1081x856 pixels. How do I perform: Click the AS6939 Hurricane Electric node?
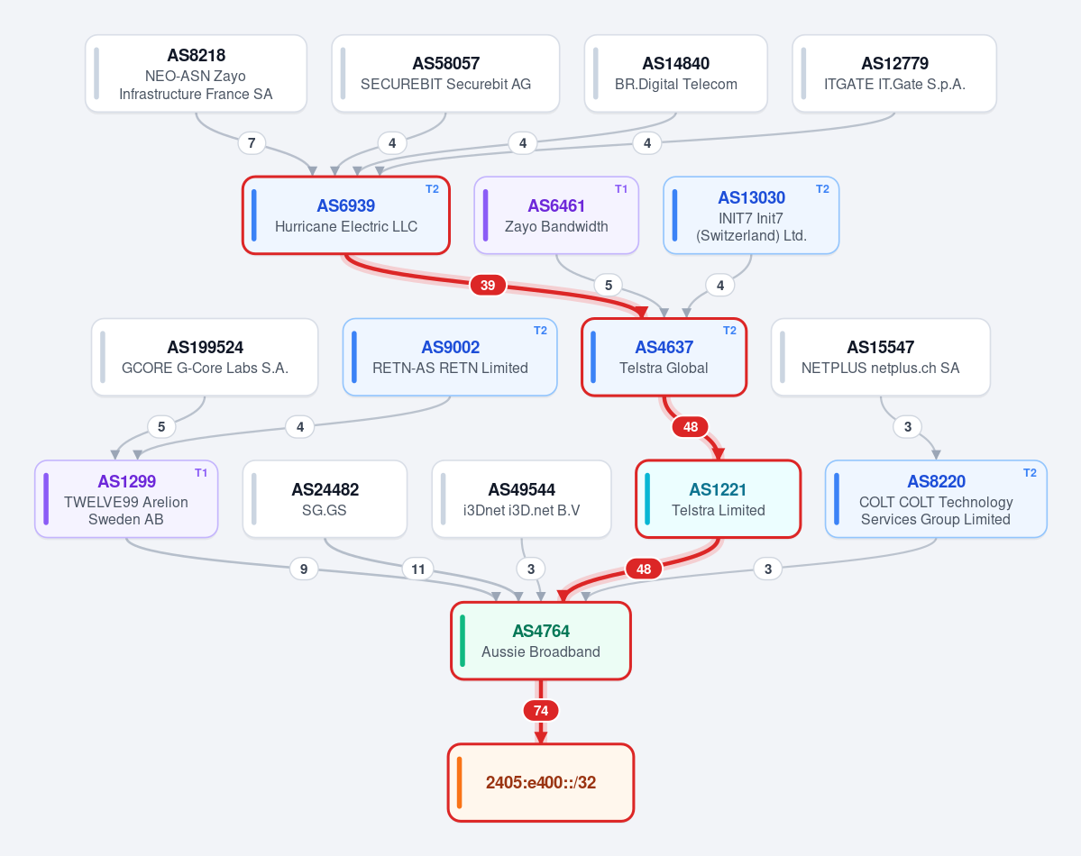coord(346,215)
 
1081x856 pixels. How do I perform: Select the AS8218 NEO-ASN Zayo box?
coord(196,74)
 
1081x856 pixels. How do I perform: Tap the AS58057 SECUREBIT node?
coord(445,74)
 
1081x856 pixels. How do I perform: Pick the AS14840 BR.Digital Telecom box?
coord(675,74)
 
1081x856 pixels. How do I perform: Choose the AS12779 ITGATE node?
coord(894,74)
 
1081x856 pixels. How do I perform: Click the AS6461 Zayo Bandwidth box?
coord(556,215)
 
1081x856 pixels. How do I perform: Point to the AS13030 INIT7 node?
coord(751,215)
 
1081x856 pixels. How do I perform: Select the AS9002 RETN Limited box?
coord(450,357)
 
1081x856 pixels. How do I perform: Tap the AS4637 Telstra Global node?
coord(664,357)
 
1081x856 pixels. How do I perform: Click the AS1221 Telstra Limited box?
coord(718,499)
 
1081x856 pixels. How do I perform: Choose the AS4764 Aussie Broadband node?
coord(541,641)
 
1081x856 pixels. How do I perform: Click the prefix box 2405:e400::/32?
coord(541,783)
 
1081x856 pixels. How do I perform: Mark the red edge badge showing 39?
coord(488,286)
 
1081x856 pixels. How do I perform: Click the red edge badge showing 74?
coord(541,711)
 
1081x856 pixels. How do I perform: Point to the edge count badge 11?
coord(417,569)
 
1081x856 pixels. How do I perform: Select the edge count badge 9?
coord(304,569)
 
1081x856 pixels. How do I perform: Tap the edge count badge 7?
coord(252,143)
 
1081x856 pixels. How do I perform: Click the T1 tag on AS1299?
coord(201,473)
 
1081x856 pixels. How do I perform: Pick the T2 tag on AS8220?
coord(1030,473)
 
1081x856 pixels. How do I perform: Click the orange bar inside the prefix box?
coord(459,783)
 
